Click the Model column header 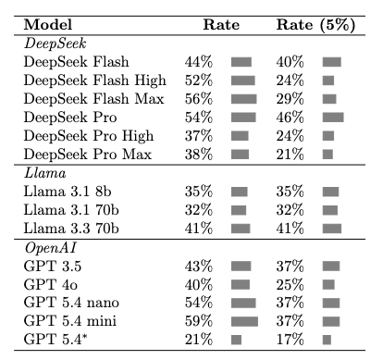(x=48, y=25)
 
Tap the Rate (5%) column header (x=315, y=25)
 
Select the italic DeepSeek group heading (x=55, y=43)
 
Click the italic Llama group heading (x=45, y=173)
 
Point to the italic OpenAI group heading (x=50, y=248)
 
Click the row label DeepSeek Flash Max (x=93, y=99)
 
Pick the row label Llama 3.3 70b (x=71, y=229)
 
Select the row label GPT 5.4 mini (x=70, y=321)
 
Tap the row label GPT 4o (x=51, y=284)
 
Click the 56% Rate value (x=199, y=99)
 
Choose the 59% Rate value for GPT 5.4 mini (x=199, y=321)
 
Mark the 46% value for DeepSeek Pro (x=290, y=118)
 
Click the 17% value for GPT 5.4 (x=290, y=340)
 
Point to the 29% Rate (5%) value (x=290, y=99)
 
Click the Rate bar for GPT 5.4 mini (x=244, y=321)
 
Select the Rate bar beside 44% (x=241, y=62)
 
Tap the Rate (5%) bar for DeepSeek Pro (x=333, y=118)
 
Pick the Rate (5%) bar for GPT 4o (x=328, y=284)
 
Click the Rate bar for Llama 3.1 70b (x=239, y=210)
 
